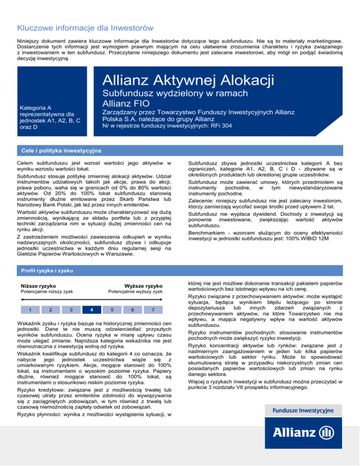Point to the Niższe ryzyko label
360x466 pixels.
(39, 286)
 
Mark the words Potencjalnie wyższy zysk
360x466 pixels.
(135, 293)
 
